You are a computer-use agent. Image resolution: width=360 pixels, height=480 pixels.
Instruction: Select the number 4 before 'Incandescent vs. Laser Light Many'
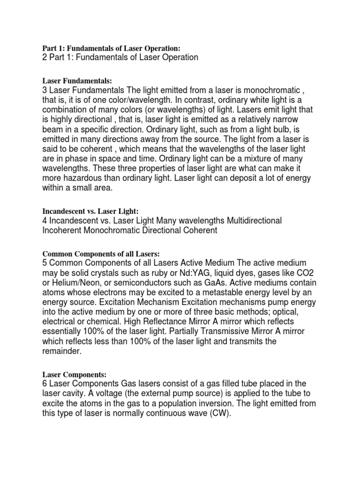[45, 221]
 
